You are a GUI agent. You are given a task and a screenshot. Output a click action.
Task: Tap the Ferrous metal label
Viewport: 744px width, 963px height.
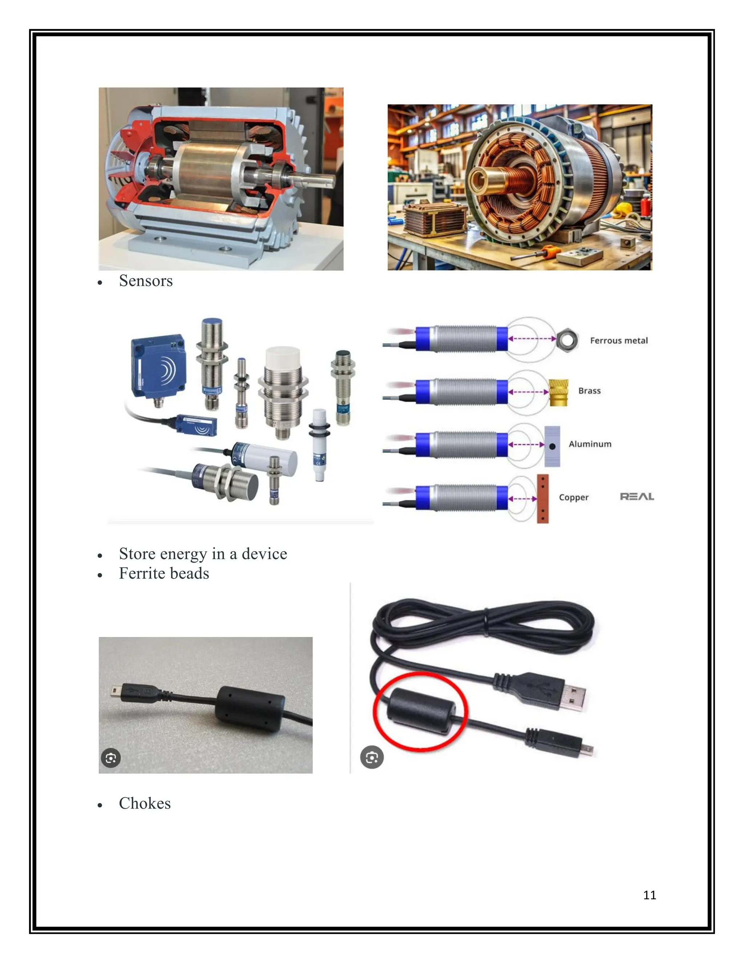coord(618,341)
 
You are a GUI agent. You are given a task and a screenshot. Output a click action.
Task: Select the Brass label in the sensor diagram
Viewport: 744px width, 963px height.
coord(589,391)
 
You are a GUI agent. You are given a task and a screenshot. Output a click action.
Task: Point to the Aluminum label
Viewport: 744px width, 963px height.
coord(590,444)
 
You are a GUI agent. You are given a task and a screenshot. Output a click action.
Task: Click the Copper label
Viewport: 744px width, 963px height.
coord(573,497)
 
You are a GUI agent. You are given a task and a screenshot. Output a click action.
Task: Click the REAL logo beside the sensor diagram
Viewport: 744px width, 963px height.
coord(636,496)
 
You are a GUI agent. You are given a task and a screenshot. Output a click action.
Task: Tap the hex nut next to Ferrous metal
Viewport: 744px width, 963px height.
coord(567,340)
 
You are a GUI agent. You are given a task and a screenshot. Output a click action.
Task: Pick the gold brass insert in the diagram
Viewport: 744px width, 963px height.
coord(558,392)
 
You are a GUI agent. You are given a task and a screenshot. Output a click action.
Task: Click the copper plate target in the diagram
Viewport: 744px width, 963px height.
coord(543,499)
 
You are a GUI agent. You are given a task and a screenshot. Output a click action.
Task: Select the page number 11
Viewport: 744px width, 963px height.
coord(649,895)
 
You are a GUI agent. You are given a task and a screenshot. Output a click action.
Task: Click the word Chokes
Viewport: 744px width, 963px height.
coord(145,803)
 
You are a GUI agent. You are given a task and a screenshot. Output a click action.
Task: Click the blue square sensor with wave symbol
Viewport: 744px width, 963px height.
coord(158,366)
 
